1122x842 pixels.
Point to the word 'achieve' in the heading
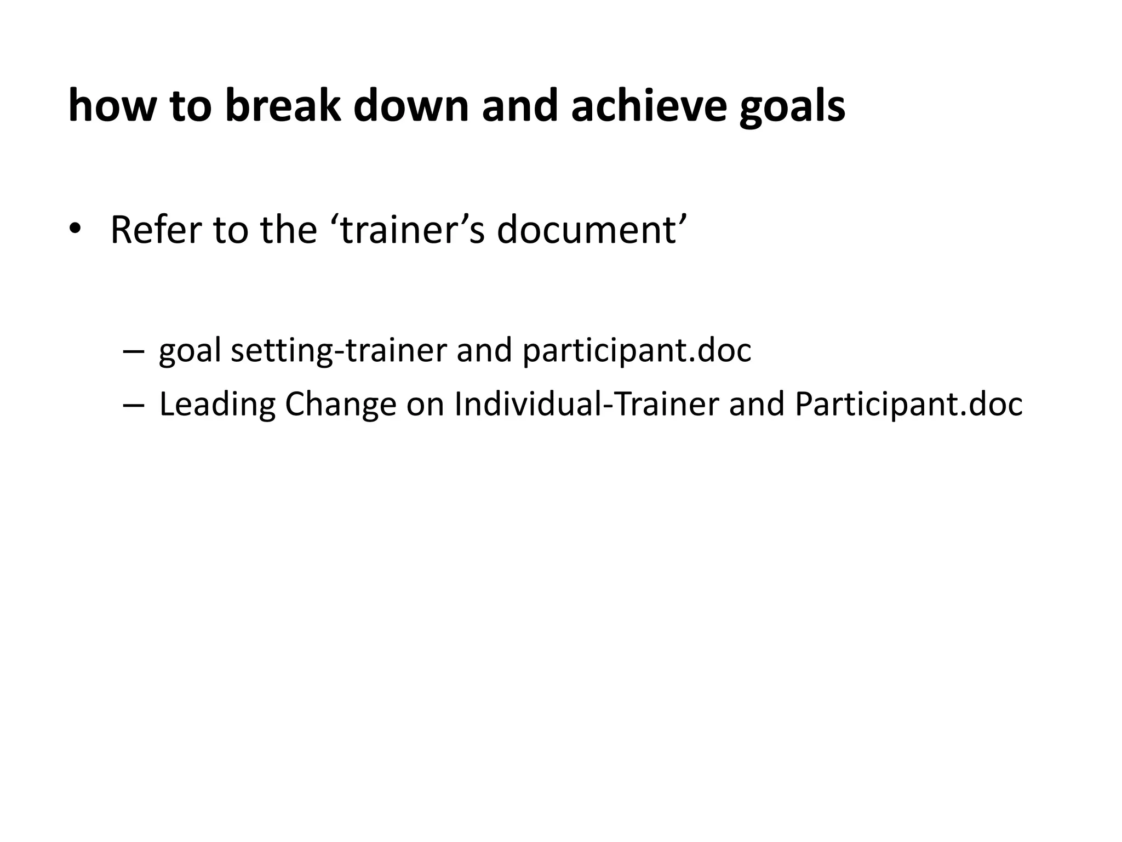click(648, 106)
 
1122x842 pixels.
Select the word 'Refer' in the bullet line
click(156, 230)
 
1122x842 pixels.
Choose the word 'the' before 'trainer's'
click(288, 230)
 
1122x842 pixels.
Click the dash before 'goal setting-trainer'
click(134, 351)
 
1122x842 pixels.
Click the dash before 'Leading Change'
click(134, 405)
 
